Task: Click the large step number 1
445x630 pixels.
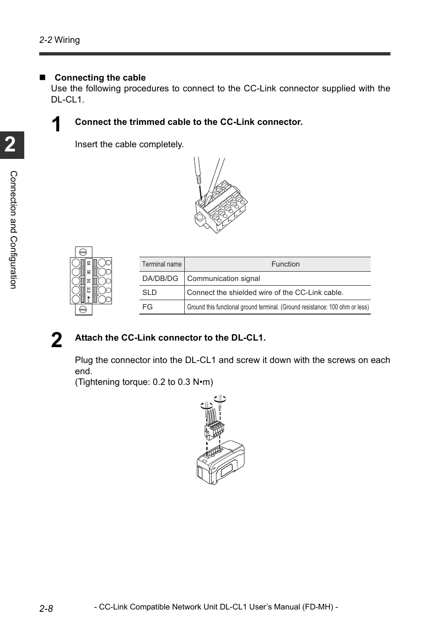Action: [56, 125]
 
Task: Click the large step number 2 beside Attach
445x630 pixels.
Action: [56, 341]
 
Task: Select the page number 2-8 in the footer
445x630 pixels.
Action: [46, 608]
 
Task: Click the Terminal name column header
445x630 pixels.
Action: [162, 264]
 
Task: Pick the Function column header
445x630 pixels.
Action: [285, 264]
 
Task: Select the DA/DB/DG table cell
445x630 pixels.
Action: [160, 279]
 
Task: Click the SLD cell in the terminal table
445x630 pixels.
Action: [150, 293]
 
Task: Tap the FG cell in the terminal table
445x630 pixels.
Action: [147, 307]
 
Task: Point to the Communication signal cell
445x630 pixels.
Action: [223, 279]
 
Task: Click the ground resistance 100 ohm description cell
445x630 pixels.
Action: [278, 307]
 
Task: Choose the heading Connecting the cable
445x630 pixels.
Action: [100, 78]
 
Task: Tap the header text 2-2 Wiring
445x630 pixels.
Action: [60, 40]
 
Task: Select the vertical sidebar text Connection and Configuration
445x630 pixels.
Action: [13, 230]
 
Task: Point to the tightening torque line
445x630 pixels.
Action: [144, 382]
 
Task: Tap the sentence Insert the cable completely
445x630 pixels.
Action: [129, 144]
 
